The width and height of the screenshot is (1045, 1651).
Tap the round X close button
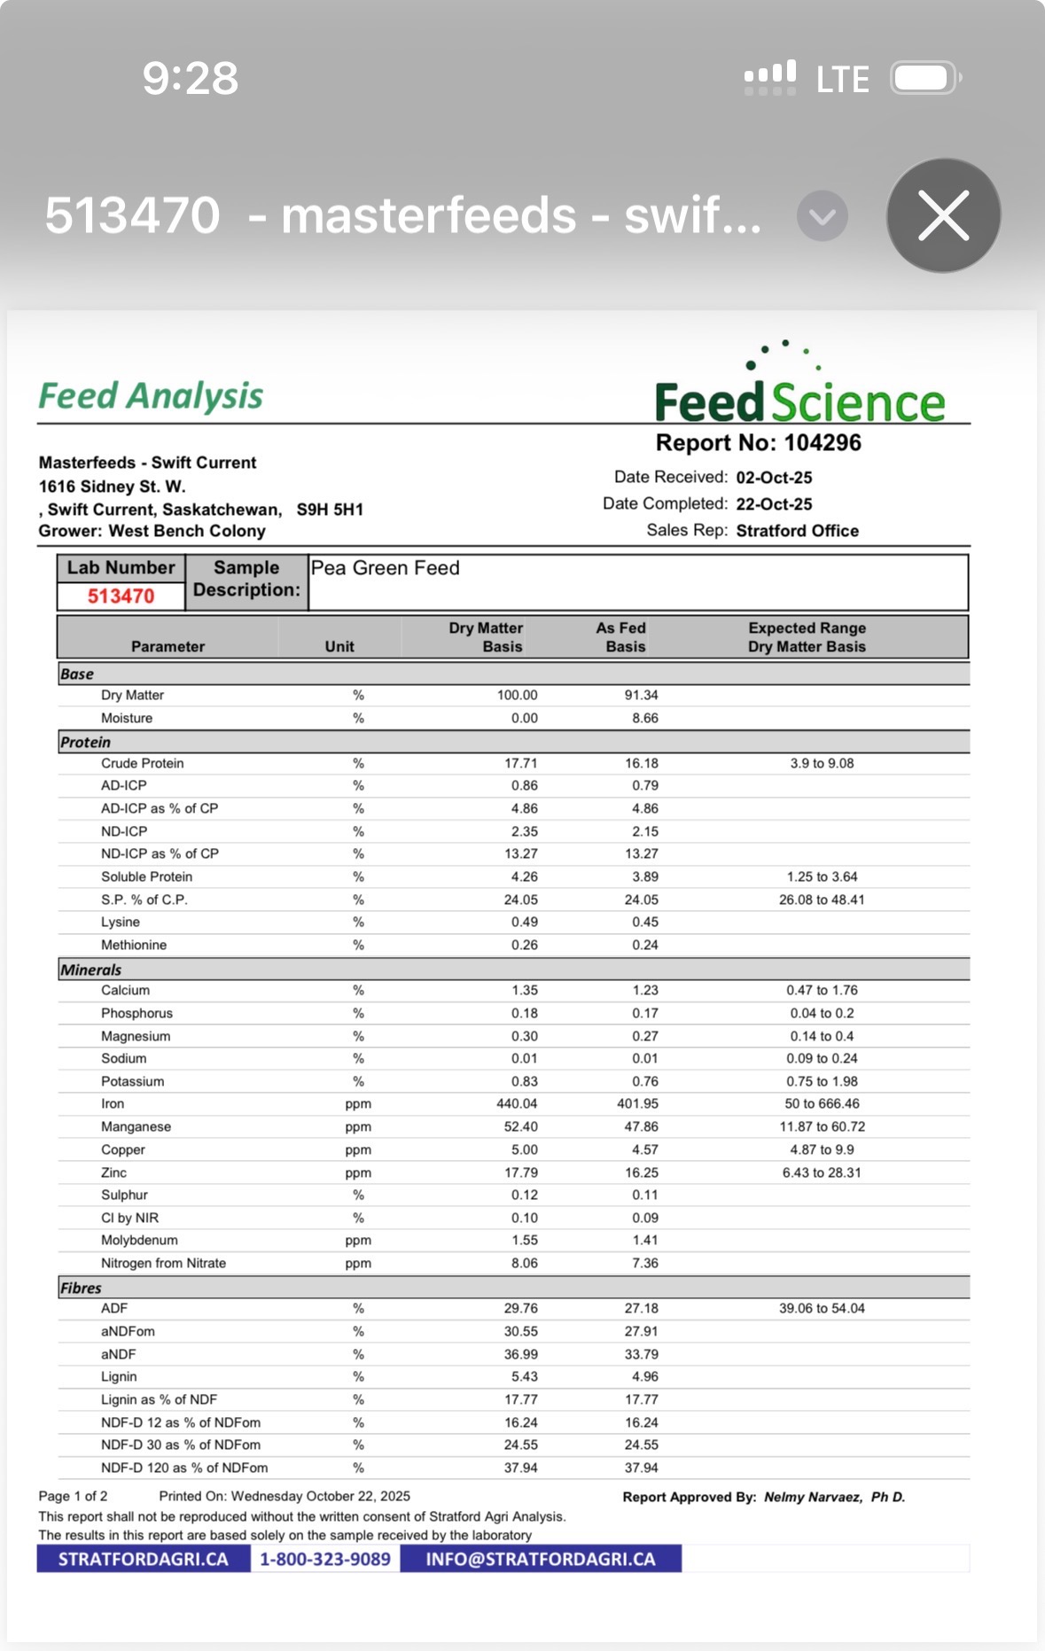pos(943,215)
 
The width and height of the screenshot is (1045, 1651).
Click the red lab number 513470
pos(121,596)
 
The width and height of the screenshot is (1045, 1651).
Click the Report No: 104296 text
pos(758,443)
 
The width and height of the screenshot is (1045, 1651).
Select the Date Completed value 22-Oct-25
pos(774,504)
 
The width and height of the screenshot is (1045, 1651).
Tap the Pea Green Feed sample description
pos(385,568)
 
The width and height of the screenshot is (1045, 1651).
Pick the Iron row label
pos(113,1104)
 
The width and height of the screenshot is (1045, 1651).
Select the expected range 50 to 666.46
pos(822,1104)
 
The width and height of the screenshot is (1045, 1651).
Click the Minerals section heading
pos(90,970)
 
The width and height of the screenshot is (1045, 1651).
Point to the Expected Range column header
pos(807,637)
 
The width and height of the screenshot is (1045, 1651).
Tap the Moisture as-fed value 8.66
pos(644,718)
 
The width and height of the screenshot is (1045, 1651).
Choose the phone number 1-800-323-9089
pos(324,1560)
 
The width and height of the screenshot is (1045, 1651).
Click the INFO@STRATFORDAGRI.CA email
pos(540,1560)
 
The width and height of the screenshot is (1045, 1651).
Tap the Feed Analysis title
pos(151,396)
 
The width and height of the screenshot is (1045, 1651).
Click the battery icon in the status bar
pos(924,78)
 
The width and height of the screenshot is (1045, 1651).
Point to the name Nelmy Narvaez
pos(812,1497)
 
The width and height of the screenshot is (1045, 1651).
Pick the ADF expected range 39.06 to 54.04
pos(822,1309)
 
